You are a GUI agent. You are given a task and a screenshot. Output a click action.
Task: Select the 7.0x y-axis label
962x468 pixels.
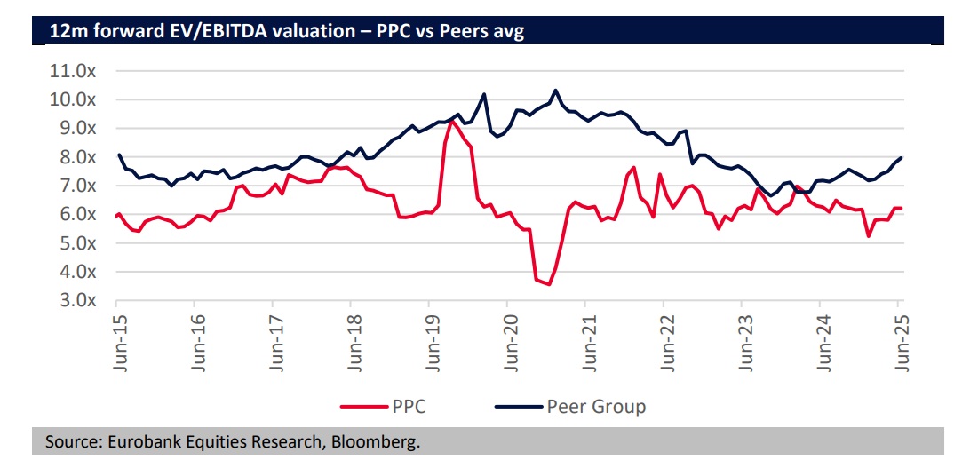76,186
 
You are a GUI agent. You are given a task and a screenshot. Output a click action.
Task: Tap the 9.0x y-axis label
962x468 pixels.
76,128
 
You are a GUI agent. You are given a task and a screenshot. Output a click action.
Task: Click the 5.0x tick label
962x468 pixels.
76,242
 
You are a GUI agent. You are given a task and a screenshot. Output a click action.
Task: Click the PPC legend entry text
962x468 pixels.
409,407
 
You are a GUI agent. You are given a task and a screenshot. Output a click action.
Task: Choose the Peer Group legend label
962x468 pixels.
596,407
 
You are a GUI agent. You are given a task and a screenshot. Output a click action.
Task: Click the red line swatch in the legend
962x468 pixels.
363,407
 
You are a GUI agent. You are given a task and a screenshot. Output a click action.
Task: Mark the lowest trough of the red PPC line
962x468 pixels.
550,284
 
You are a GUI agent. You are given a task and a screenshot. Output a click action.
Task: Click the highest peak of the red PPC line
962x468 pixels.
452,121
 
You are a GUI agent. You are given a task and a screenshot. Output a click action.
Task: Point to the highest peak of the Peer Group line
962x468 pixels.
556,90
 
